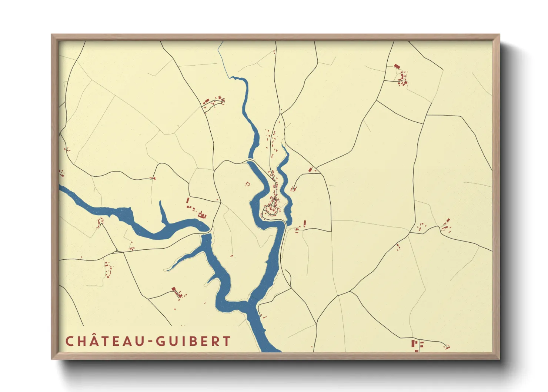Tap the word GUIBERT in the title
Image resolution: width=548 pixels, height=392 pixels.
[193, 341]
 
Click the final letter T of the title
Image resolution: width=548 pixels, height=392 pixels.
[227, 341]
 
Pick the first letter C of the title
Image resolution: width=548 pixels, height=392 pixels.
[69, 341]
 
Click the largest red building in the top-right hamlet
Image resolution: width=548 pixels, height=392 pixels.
[397, 67]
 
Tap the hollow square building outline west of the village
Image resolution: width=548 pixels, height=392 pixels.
[248, 183]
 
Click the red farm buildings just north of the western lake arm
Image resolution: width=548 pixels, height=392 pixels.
[202, 214]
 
